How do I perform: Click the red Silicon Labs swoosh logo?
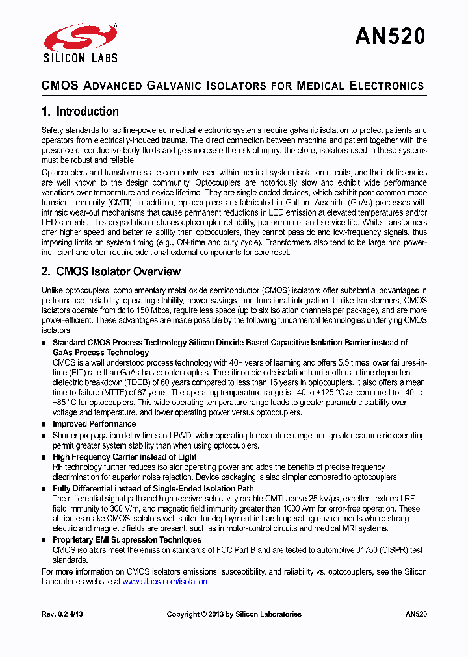79,38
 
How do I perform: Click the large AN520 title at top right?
390,37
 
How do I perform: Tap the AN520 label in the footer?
416,614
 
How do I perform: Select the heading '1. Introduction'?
80,112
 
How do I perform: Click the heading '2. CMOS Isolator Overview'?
111,271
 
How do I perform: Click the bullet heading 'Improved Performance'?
94,424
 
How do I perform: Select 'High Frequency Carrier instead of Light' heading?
124,457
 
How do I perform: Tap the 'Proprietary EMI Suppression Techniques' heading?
127,540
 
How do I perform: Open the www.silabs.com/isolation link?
165,582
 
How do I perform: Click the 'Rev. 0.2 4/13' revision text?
63,614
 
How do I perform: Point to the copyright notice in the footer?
234,614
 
